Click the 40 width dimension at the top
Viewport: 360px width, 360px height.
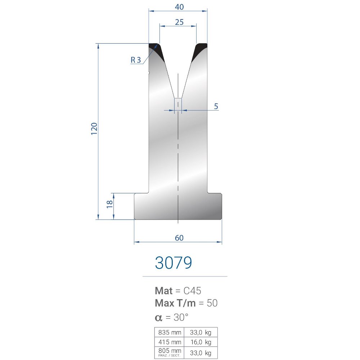179,7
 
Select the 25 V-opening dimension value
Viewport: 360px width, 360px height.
179,22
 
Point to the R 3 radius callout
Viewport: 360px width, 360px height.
135,60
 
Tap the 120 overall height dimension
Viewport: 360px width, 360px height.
94,129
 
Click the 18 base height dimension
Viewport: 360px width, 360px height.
110,204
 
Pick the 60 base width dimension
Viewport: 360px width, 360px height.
179,238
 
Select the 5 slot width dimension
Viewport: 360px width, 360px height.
216,106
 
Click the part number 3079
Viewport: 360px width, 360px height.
174,263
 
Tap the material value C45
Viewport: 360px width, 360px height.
192,291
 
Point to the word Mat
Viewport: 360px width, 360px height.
163,291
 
